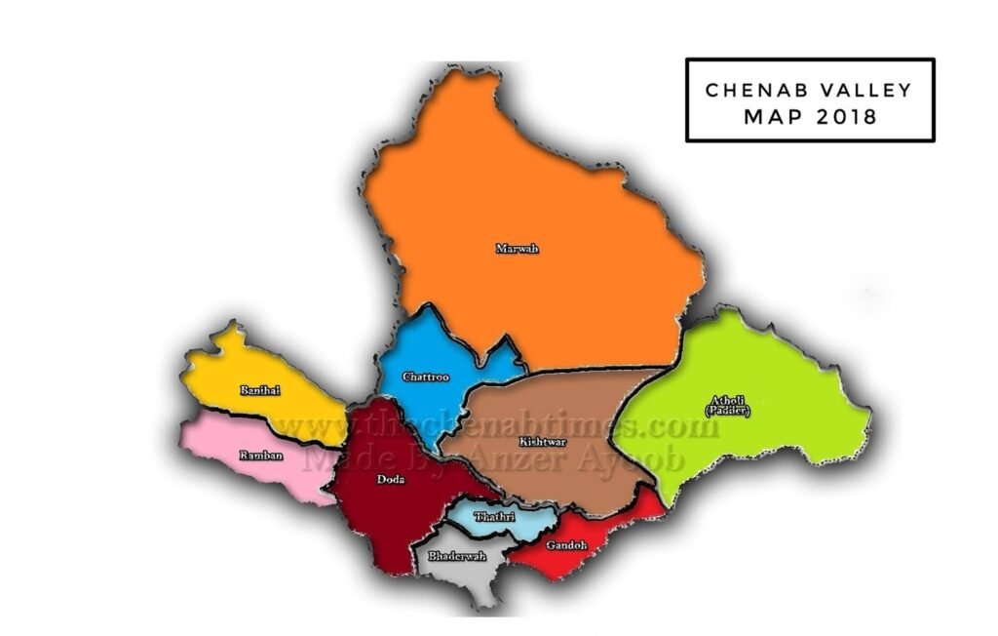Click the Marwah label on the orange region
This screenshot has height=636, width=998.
click(x=517, y=249)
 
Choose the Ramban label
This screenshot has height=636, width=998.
click(x=258, y=455)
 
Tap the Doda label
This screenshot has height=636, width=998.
click(x=390, y=479)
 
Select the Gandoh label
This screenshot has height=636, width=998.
click(x=566, y=545)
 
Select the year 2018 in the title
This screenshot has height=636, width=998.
click(x=846, y=117)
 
